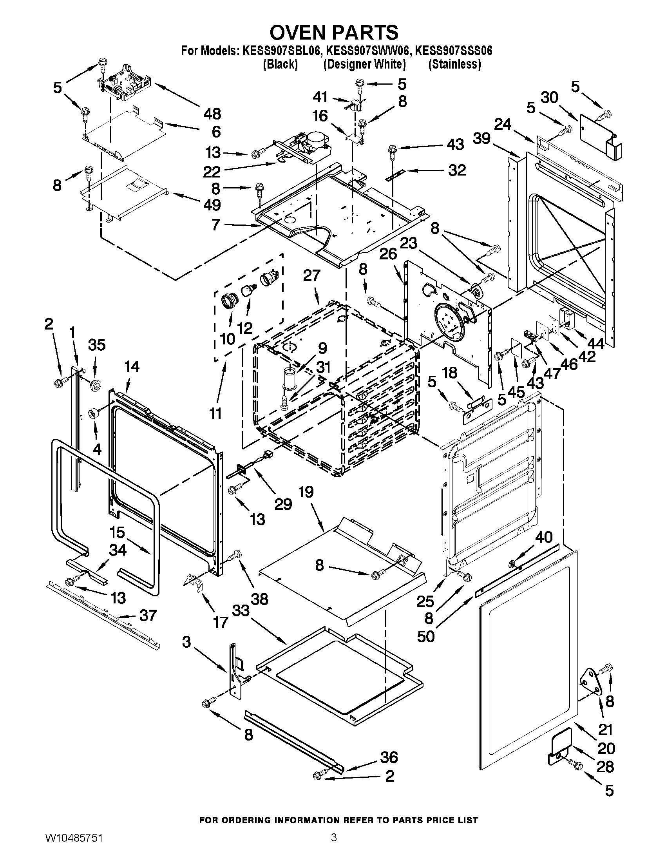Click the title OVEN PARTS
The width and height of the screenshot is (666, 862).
(333, 33)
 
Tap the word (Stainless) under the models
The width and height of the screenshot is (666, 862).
(454, 64)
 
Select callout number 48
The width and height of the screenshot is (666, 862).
(212, 114)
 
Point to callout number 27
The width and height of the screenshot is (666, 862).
(312, 275)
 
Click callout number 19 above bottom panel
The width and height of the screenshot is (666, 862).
(306, 492)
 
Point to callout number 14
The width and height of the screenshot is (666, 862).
(132, 367)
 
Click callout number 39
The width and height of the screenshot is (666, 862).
(482, 139)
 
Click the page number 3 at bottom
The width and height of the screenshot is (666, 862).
(333, 846)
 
